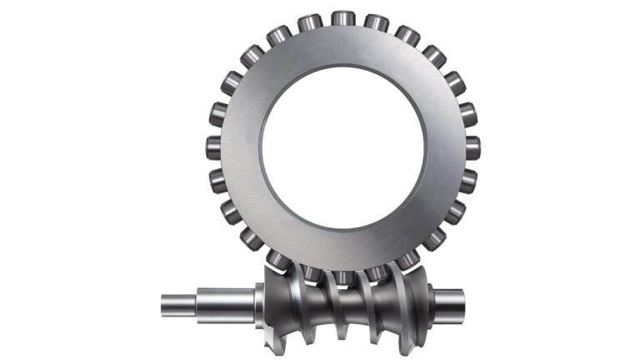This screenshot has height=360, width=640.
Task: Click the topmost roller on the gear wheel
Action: [x=342, y=18]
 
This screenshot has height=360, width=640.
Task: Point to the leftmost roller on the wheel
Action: [x=214, y=147]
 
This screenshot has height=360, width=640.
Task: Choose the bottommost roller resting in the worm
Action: [x=342, y=275]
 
